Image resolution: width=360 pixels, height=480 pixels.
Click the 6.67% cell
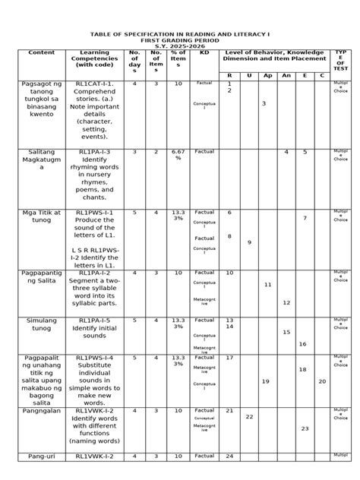pos(178,155)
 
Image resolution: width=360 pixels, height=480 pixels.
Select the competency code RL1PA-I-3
pos(93,152)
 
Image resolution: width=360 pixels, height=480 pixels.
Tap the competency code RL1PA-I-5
pos(93,321)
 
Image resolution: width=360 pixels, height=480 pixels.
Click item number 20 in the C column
pos(322,381)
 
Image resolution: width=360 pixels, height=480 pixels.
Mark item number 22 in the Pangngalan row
pos(248,417)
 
